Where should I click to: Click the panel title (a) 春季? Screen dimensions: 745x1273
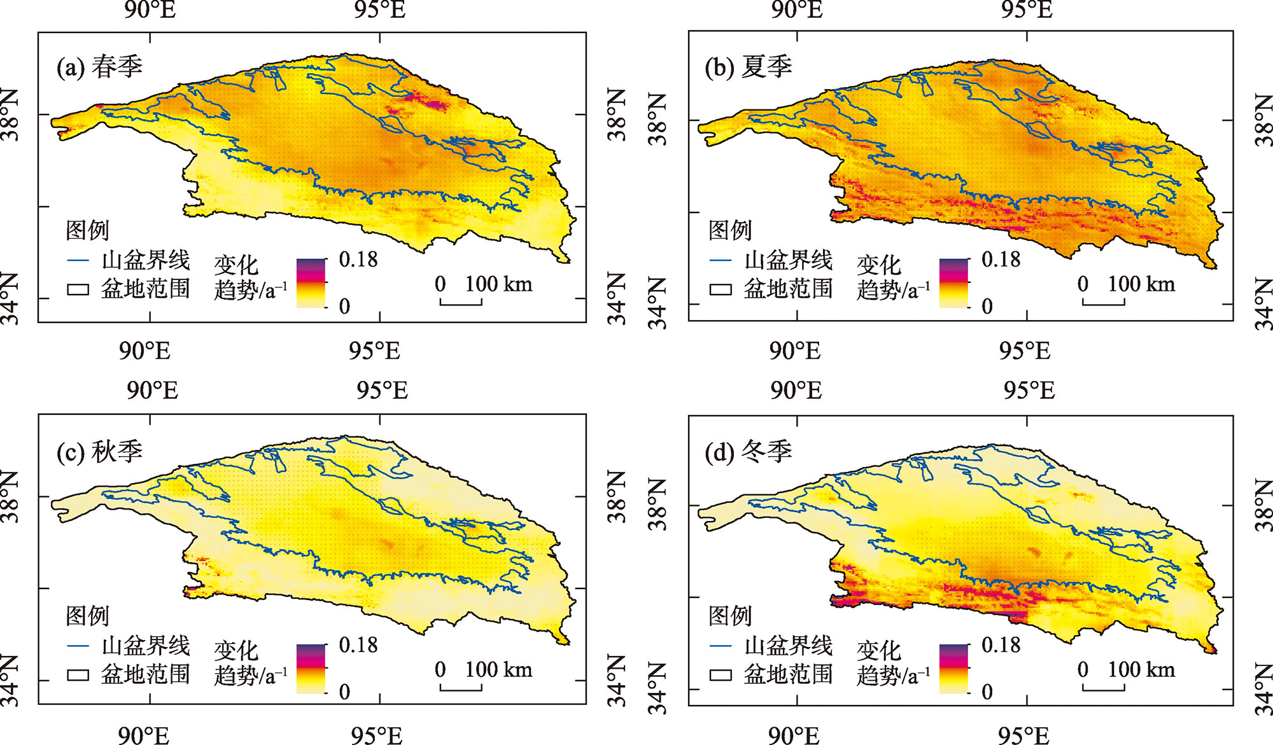pos(99,67)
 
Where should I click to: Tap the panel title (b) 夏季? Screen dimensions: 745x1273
pos(748,67)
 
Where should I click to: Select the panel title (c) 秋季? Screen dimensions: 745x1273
pos(99,452)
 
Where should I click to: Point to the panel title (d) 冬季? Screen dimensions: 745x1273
pos(748,452)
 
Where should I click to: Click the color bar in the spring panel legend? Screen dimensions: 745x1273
pos(311,283)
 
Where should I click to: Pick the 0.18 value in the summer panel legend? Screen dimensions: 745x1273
pos(1001,260)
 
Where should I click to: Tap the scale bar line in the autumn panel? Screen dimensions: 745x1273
pos(461,688)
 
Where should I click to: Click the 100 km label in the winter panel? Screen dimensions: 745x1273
pos(1141,669)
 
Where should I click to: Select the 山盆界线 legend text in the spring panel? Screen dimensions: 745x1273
pos(146,260)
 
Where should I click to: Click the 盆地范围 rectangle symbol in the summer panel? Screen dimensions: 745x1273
pos(721,289)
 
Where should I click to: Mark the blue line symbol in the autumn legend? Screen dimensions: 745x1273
pos(78,646)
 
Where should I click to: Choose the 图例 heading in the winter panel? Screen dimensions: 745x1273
pos(730,616)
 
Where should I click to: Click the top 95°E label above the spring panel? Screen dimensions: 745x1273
pos(380,10)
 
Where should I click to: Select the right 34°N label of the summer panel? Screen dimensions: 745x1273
pos(1263,304)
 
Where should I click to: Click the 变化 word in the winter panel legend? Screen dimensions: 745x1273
pos(878,651)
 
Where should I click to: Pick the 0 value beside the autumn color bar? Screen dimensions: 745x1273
pos(344,692)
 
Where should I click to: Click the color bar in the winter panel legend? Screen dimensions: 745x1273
pos(953,668)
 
